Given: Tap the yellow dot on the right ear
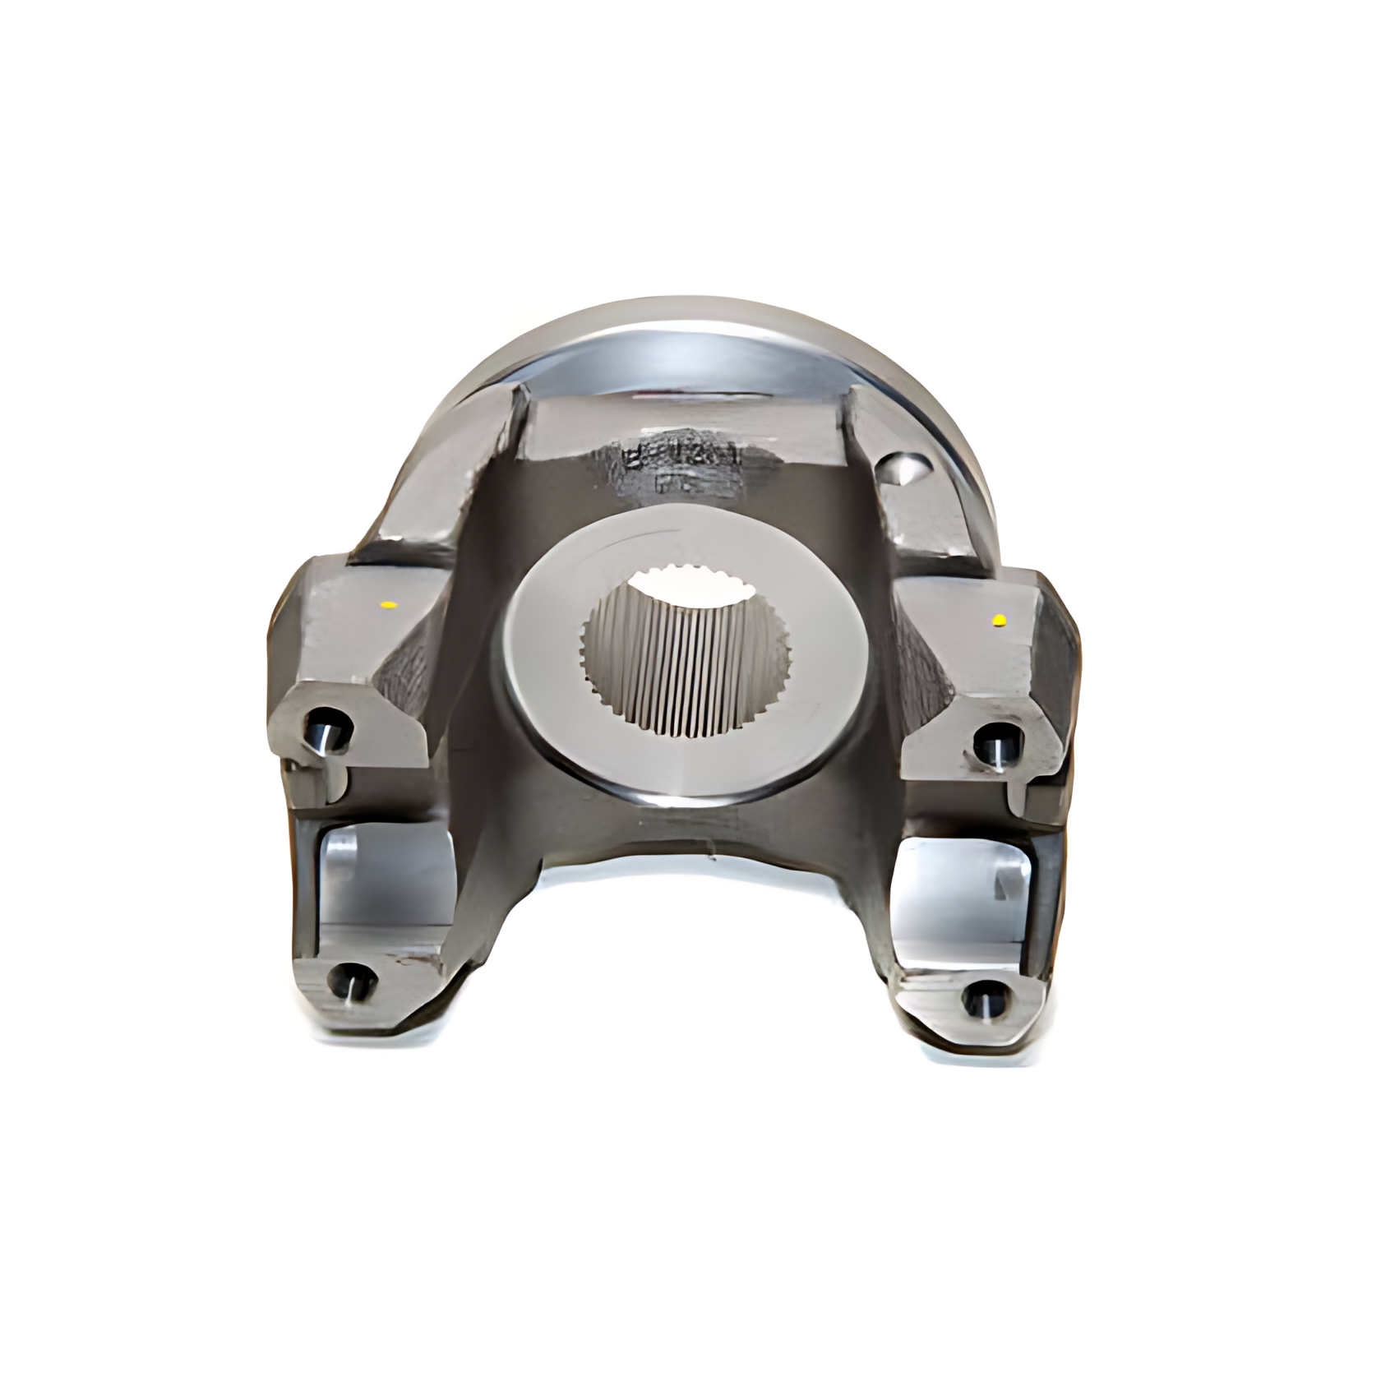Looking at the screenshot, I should click(x=1000, y=619).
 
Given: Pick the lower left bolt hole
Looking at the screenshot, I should click(x=351, y=981).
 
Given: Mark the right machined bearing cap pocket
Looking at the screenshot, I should click(x=970, y=896).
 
